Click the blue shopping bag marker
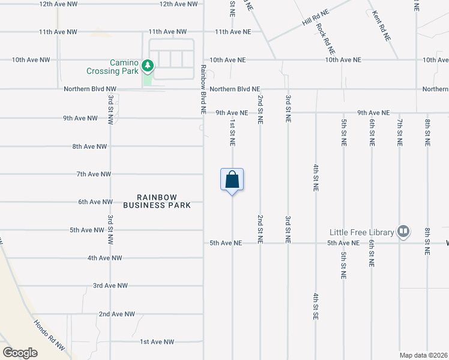tap(232, 180)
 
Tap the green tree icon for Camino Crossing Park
tap(148, 64)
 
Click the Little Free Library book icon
tap(404, 232)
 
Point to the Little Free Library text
tap(361, 232)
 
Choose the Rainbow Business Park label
tap(157, 201)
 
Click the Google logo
tap(20, 352)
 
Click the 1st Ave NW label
tap(157, 342)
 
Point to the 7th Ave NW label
tap(94, 174)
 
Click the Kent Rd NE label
tap(382, 25)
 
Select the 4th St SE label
tap(315, 306)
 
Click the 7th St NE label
tap(399, 133)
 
